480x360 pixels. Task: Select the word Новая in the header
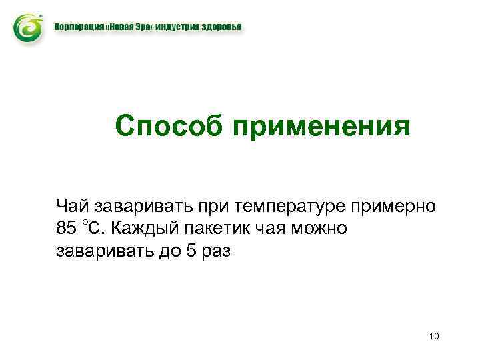pyautogui.click(x=123, y=28)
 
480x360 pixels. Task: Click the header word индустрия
pyautogui.click(x=183, y=28)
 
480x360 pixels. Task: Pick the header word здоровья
pyautogui.click(x=223, y=28)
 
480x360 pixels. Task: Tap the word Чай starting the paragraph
pyautogui.click(x=71, y=206)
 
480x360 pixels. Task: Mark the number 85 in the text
pyautogui.click(x=67, y=229)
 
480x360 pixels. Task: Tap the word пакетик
pyautogui.click(x=218, y=229)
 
